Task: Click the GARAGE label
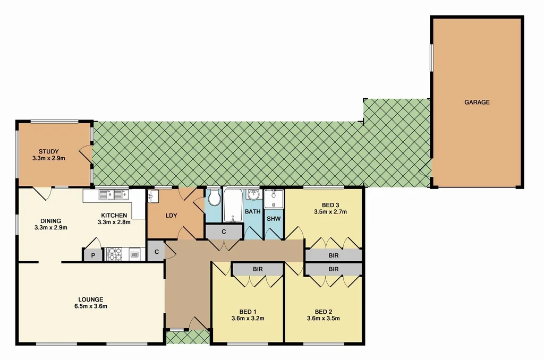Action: tap(477, 102)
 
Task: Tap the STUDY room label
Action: tap(48, 151)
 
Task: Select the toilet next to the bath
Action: tap(215, 199)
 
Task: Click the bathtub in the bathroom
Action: tap(233, 205)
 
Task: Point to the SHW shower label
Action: tap(274, 219)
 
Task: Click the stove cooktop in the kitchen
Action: tap(115, 254)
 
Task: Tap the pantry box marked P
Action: tap(92, 255)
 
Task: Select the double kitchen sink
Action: tap(114, 194)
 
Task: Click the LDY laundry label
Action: tap(171, 216)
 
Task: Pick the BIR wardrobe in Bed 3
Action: tap(333, 255)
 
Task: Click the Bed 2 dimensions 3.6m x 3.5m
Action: tap(323, 319)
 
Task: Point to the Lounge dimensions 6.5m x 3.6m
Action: tap(89, 306)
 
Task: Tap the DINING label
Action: tap(51, 221)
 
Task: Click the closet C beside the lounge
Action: tap(156, 252)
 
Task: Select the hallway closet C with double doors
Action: tap(224, 232)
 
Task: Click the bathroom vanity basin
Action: tap(253, 194)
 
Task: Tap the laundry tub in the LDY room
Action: tap(153, 196)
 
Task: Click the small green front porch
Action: tap(188, 337)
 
